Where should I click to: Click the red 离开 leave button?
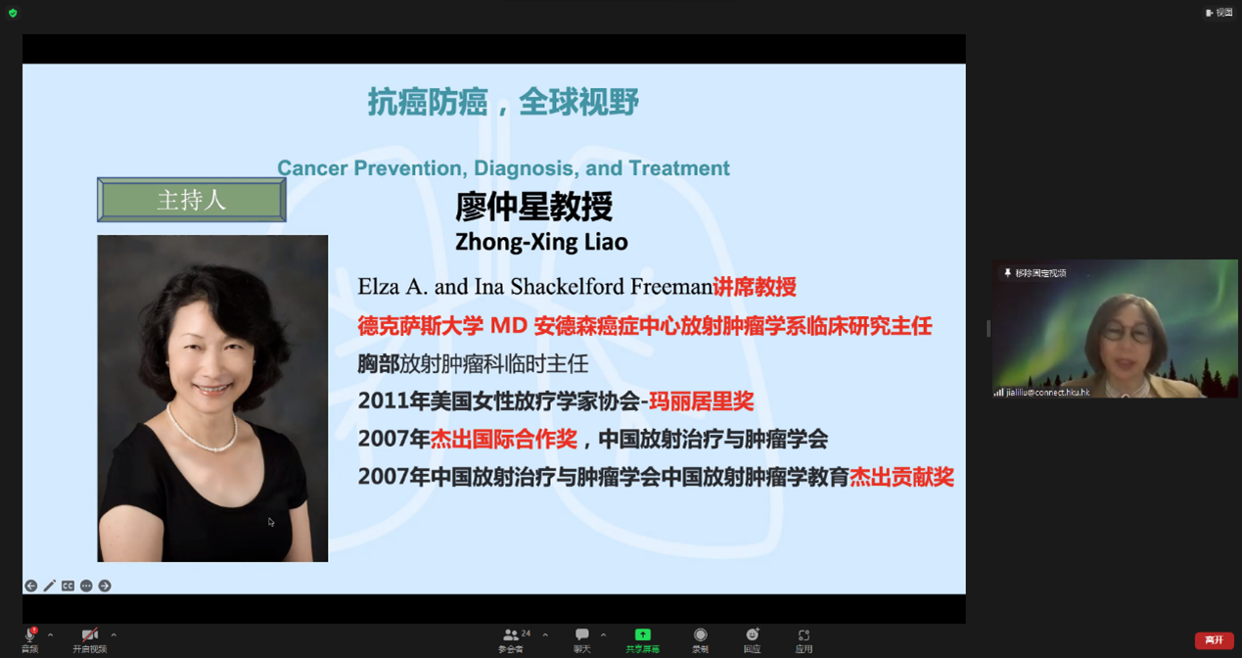coord(1214,640)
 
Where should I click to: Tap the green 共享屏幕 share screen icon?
coord(643,634)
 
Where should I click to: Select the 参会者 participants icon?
coord(511,634)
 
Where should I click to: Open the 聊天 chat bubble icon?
coord(581,634)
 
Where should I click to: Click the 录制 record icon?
coord(701,634)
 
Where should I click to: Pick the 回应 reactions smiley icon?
coord(753,634)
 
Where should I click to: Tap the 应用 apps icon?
coord(804,634)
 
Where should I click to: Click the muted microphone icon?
coord(30,634)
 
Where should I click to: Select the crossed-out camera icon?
coord(90,634)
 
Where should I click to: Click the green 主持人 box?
coord(191,200)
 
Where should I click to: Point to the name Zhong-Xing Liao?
coord(541,243)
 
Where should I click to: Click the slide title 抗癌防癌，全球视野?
coord(503,102)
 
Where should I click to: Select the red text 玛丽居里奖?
coord(701,401)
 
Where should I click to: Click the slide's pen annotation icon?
coord(49,586)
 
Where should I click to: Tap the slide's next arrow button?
coord(105,586)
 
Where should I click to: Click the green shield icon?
coord(13,13)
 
